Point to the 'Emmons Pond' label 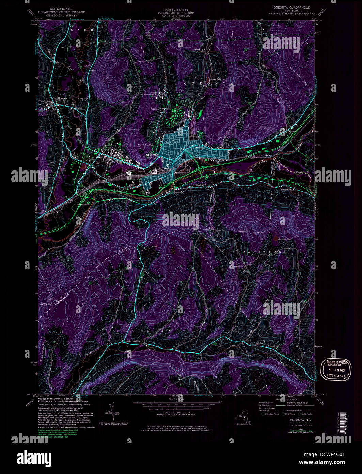[285, 239]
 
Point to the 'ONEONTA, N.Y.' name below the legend [299, 420]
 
